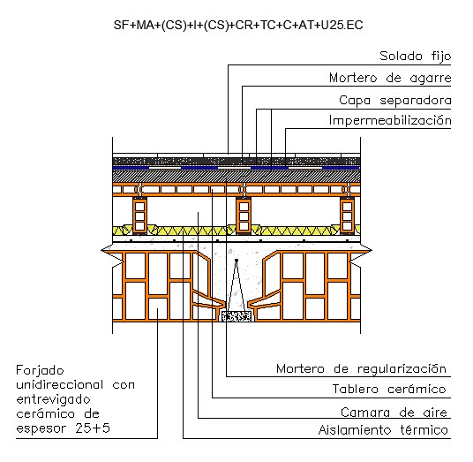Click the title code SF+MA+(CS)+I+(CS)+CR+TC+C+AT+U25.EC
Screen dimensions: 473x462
click(238, 25)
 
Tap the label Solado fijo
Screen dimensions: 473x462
click(415, 57)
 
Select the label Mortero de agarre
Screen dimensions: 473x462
click(390, 79)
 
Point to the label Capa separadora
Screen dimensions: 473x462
click(394, 101)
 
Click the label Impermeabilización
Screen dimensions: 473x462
click(390, 120)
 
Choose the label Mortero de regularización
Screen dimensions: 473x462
click(361, 369)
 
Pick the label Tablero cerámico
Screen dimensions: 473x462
click(389, 389)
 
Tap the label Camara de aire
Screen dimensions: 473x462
click(394, 413)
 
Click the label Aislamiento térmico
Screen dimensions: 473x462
click(383, 429)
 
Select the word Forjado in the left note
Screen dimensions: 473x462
click(40, 371)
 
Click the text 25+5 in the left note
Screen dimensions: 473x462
click(93, 428)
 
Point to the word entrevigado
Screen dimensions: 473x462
click(53, 400)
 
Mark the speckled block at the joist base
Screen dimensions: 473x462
click(236, 316)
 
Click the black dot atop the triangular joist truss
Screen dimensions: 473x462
click(236, 260)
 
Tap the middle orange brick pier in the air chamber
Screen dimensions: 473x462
click(244, 216)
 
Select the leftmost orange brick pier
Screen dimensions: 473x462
click(139, 216)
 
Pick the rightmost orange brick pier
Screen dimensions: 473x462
click(347, 216)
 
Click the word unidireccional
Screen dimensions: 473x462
click(60, 384)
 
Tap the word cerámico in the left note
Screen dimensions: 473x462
click(45, 413)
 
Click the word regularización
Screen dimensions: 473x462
click(402, 369)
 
